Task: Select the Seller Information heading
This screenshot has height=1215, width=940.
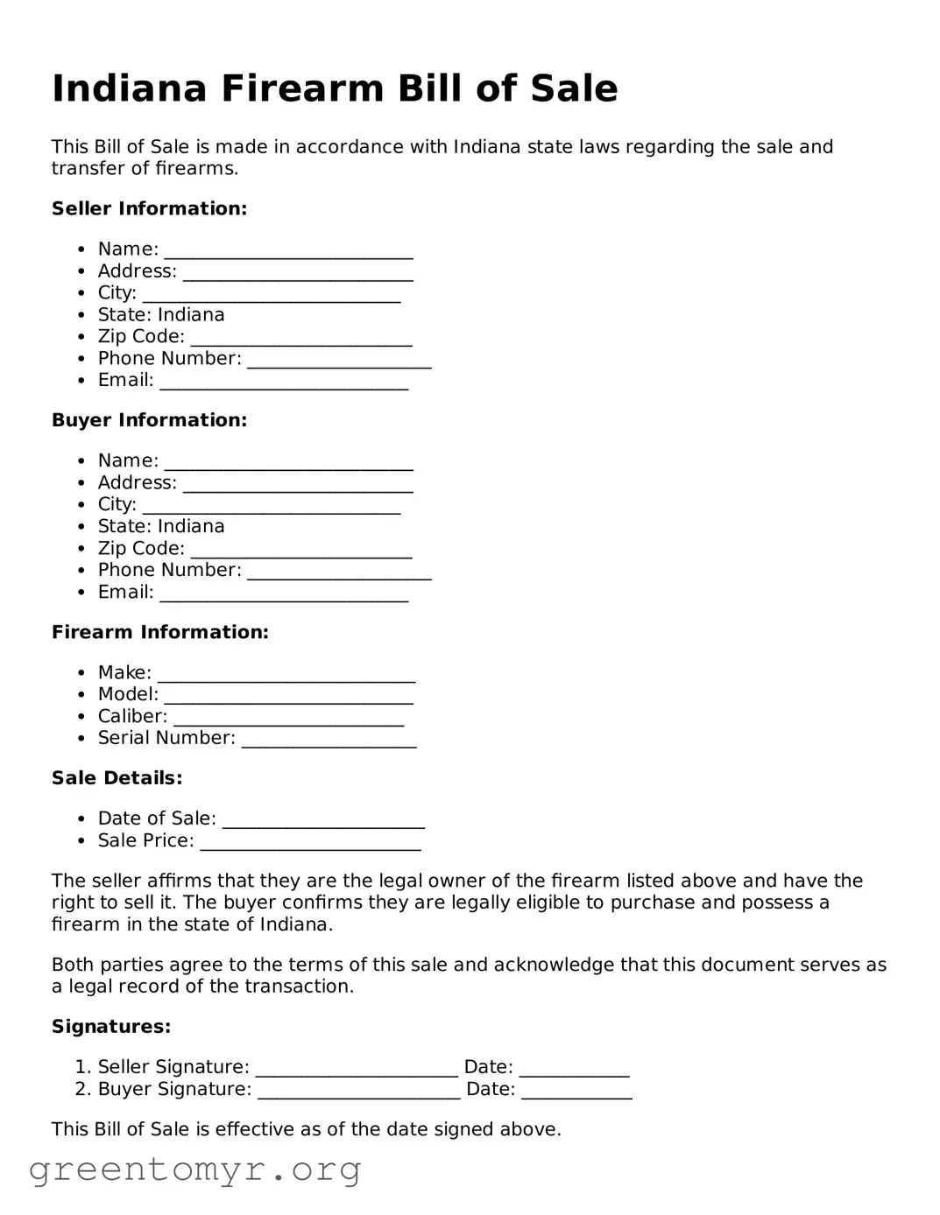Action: pyautogui.click(x=149, y=208)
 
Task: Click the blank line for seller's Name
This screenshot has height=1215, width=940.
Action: pyautogui.click(x=288, y=251)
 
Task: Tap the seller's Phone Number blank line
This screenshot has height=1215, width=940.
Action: pyautogui.click(x=339, y=361)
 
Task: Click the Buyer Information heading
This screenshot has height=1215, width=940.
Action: pyautogui.click(x=149, y=420)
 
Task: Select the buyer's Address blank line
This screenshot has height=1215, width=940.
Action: pyautogui.click(x=298, y=485)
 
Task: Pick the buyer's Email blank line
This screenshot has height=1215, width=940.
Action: pyautogui.click(x=284, y=594)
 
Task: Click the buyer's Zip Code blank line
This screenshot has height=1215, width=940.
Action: pyautogui.click(x=300, y=551)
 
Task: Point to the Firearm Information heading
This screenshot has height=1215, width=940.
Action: pyautogui.click(x=159, y=632)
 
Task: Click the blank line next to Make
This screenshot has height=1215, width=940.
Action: pyautogui.click(x=286, y=675)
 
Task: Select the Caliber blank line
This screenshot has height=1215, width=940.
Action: pyautogui.click(x=288, y=719)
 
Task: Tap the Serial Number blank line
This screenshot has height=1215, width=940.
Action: pyautogui.click(x=329, y=741)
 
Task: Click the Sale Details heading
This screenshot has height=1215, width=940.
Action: pyautogui.click(x=117, y=778)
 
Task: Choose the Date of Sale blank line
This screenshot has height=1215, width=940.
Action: pyautogui.click(x=323, y=820)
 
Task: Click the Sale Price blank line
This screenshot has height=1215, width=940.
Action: pyautogui.click(x=310, y=842)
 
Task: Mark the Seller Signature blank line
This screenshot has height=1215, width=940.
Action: pyautogui.click(x=357, y=1069)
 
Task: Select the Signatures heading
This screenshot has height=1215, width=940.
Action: pyautogui.click(x=111, y=1027)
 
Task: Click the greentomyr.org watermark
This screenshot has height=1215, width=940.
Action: pyautogui.click(x=194, y=1169)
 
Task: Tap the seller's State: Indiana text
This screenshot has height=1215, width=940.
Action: pyautogui.click(x=161, y=315)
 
